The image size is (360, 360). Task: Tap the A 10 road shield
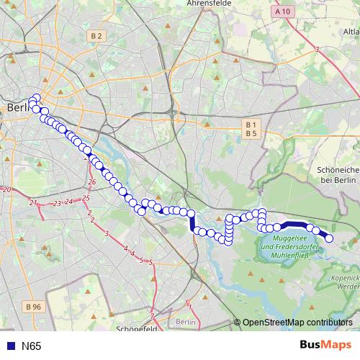pos(284,12)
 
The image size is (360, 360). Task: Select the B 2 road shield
pos(96,35)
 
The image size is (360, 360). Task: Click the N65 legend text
pos(31,346)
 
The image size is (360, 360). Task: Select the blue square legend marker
pos(9,346)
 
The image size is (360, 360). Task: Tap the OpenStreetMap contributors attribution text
pos(297,323)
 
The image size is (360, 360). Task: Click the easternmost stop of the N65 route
pos(330,238)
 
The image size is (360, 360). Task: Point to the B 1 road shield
pos(251,125)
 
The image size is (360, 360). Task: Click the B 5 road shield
pos(251,133)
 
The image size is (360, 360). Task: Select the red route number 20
pos(6,189)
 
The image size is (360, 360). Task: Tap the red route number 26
pos(92,182)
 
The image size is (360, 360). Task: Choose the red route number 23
pos(57,204)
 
